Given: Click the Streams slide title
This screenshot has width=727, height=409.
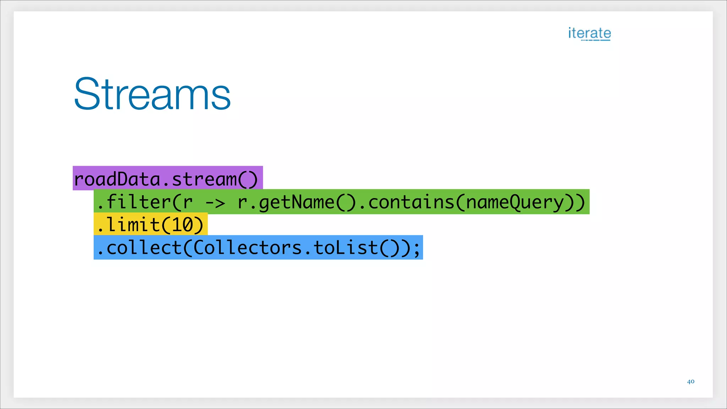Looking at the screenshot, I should tap(152, 94).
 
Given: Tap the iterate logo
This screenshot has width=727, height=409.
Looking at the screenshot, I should tap(589, 33).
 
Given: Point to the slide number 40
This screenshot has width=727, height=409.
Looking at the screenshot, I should tap(690, 382).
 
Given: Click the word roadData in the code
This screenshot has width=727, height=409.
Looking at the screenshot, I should tap(117, 179).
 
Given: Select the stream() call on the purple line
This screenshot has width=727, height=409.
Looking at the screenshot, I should tap(215, 179).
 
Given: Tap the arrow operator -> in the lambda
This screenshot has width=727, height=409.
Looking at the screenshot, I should tap(215, 203).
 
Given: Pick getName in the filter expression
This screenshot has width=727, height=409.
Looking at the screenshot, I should tap(296, 202).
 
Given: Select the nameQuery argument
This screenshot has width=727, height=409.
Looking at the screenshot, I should tap(515, 202).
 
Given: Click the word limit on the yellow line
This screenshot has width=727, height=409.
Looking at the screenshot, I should tap(133, 224).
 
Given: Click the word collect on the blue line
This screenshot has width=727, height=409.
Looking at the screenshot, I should tap(144, 247).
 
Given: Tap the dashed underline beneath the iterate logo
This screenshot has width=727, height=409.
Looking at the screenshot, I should tap(596, 40).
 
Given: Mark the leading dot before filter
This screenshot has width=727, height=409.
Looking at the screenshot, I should tap(100, 207).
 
